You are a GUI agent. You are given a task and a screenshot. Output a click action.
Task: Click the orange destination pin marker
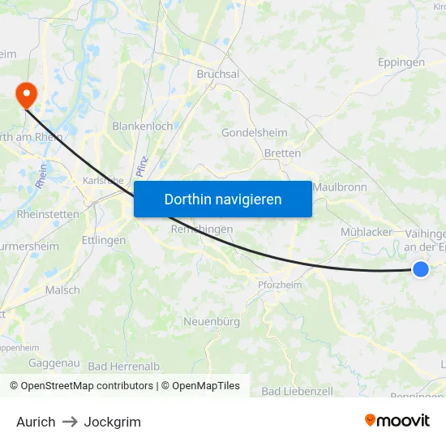tap(26, 95)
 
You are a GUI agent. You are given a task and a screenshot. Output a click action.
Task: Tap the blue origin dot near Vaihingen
tap(420, 269)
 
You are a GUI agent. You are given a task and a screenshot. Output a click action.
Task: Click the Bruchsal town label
tap(218, 74)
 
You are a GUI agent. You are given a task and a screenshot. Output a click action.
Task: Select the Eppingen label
tap(401, 62)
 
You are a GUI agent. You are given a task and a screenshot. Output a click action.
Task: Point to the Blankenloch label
tap(142, 127)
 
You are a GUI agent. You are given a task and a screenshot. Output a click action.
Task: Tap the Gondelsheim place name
tap(255, 133)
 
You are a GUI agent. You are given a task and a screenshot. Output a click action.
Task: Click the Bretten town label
tap(282, 153)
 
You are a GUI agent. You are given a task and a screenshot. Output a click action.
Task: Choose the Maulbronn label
tap(340, 187)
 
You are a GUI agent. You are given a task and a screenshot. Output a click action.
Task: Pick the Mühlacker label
tap(367, 232)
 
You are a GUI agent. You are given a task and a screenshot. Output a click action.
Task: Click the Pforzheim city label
tap(279, 285)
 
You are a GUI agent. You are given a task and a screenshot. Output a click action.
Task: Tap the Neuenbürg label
tap(212, 322)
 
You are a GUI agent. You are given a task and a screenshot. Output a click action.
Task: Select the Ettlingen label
tap(104, 241)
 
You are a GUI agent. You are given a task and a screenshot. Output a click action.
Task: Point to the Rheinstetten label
tap(48, 215)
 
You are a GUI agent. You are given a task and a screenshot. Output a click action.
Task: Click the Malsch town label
tap(62, 290)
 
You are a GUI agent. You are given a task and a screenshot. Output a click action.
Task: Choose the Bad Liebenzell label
tap(297, 391)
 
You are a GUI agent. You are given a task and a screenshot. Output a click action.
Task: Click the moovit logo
tap(397, 421)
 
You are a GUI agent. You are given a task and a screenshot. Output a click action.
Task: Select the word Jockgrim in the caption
tap(112, 422)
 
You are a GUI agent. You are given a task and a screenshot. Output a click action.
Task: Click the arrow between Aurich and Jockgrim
tap(70, 422)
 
